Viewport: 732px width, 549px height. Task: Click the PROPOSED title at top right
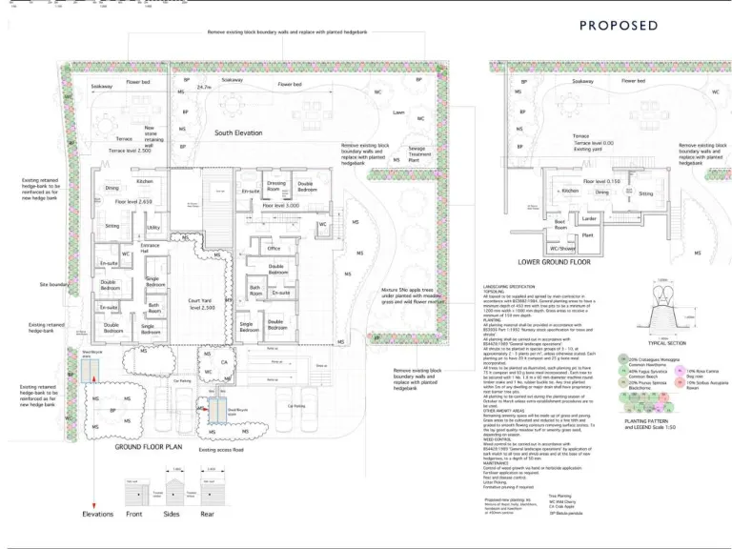pos(619,26)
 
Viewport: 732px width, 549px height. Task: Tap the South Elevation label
pos(238,133)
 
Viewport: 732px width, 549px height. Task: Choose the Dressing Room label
pos(276,185)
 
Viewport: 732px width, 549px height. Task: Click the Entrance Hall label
pos(151,249)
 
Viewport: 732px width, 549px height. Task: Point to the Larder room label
pos(588,218)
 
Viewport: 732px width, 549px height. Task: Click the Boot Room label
pos(560,226)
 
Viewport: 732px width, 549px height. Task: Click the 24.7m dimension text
pos(203,87)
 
